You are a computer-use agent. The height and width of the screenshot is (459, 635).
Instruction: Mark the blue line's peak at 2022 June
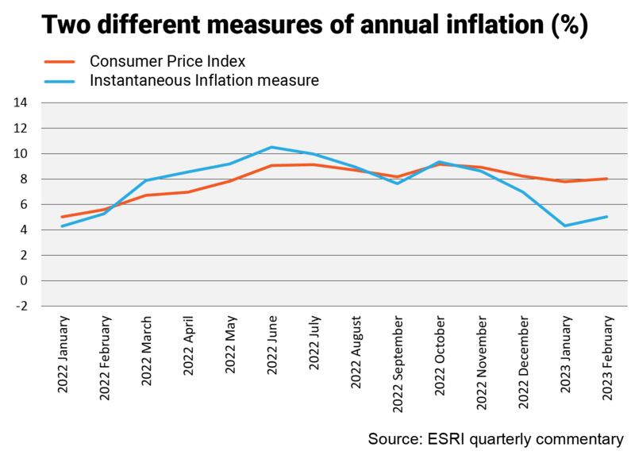[271, 147]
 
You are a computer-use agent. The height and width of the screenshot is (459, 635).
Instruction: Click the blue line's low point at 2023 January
[565, 226]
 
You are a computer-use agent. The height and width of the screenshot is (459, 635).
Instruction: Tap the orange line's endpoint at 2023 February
[607, 179]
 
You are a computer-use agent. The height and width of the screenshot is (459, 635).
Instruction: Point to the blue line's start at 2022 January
[62, 226]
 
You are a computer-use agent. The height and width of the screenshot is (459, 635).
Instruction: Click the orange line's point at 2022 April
[187, 191]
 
